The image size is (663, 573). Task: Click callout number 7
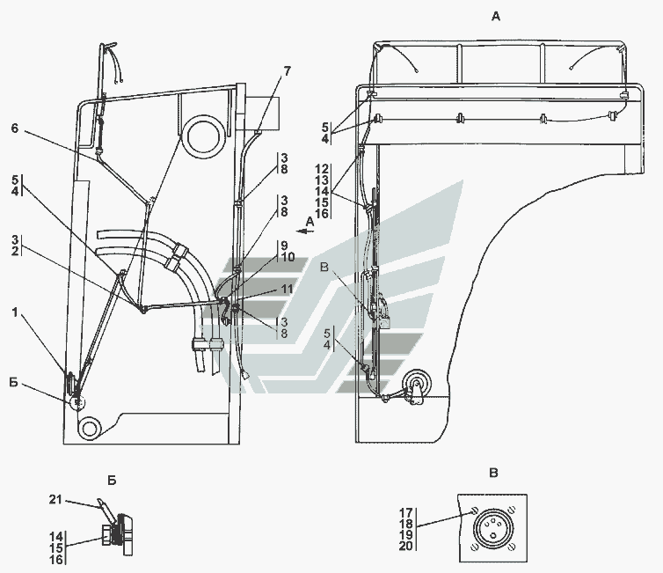288,71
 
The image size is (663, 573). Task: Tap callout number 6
15,128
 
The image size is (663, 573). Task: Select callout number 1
15,312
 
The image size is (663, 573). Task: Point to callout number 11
287,289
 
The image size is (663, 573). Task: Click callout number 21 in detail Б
55,499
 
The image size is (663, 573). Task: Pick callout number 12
322,169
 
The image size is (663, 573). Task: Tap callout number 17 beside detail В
406,513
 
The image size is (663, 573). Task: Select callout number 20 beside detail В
406,546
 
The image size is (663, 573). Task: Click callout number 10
288,257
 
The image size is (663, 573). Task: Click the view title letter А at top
496,17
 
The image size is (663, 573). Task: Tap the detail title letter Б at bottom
112,481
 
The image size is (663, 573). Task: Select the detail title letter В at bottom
493,473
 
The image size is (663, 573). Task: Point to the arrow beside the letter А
305,231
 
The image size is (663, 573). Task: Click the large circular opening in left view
206,136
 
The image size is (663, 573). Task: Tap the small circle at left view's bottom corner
89,429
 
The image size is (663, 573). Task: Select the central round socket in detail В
492,528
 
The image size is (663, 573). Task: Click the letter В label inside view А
324,268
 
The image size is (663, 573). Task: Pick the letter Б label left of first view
14,383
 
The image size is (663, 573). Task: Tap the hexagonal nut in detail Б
108,535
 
